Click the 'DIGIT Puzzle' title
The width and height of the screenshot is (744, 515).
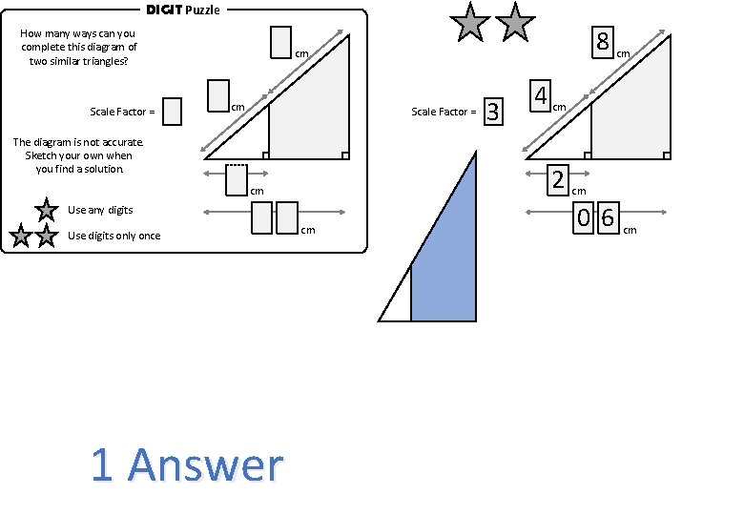click(182, 10)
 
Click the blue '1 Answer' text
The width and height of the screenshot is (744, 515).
click(187, 465)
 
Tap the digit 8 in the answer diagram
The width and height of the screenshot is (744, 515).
click(603, 42)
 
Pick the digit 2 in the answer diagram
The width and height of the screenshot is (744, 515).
click(558, 179)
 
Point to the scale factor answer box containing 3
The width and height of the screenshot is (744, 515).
click(492, 112)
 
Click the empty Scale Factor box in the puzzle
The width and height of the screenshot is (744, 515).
click(172, 112)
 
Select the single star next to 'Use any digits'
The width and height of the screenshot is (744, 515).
click(45, 210)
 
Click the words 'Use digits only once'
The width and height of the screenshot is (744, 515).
click(114, 236)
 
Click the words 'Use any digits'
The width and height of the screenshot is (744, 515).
click(100, 210)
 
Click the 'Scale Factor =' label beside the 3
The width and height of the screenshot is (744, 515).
click(444, 112)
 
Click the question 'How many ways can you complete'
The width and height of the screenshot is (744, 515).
click(78, 47)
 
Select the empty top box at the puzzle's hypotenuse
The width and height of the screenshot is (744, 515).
click(280, 42)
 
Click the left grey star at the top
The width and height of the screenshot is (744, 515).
click(470, 23)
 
